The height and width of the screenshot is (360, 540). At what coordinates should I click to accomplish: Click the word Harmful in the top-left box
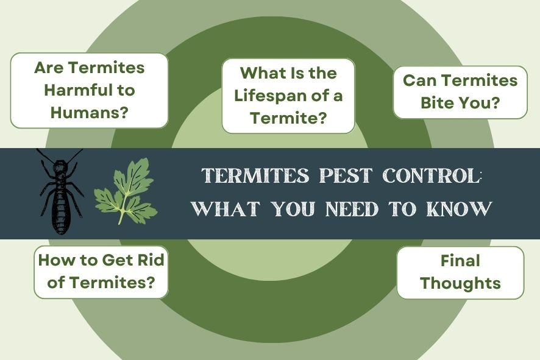[75, 91]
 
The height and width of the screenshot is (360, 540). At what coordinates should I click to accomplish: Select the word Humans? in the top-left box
[89, 113]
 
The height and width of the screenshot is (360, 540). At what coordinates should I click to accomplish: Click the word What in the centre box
[260, 73]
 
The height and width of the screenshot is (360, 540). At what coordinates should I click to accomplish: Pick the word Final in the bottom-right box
[460, 261]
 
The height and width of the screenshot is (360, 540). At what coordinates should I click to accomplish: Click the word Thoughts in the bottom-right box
[460, 283]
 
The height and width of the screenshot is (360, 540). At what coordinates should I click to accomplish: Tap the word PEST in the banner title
[346, 175]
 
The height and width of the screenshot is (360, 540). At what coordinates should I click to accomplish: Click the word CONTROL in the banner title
[430, 175]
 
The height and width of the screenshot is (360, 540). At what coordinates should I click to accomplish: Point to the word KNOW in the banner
[460, 208]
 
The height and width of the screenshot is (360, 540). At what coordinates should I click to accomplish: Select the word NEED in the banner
[352, 208]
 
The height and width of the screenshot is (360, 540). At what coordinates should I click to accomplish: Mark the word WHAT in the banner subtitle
[226, 208]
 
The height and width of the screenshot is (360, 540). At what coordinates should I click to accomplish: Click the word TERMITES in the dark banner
[255, 175]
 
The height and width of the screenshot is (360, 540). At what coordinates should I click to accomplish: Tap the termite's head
[60, 166]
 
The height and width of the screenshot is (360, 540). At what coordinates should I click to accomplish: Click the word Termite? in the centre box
[288, 118]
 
